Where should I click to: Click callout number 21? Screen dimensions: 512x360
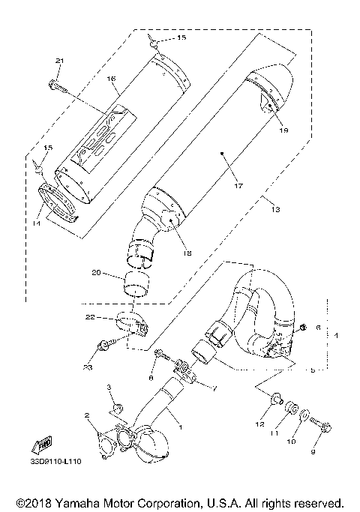(61, 61)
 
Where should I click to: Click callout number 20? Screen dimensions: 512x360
(96, 273)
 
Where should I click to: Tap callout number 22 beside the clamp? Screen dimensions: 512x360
(91, 318)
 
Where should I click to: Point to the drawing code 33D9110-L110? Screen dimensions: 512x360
(56, 463)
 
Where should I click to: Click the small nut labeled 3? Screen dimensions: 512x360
(116, 408)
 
